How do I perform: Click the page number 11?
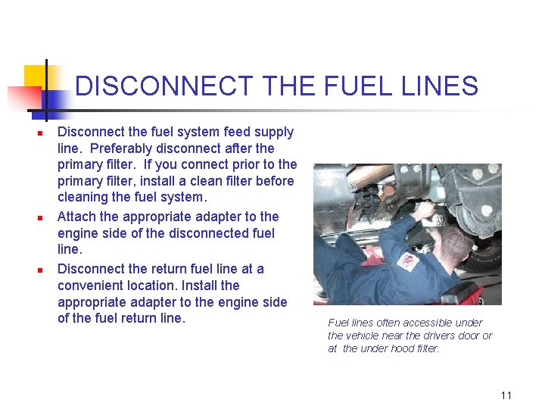pyautogui.click(x=506, y=395)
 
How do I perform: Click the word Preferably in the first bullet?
pyautogui.click(x=121, y=148)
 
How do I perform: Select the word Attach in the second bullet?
pyautogui.click(x=77, y=217)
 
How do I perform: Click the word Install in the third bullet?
pyautogui.click(x=220, y=285)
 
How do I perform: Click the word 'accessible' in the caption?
pyautogui.click(x=432, y=323)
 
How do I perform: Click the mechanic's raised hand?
pyautogui.click(x=426, y=208)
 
